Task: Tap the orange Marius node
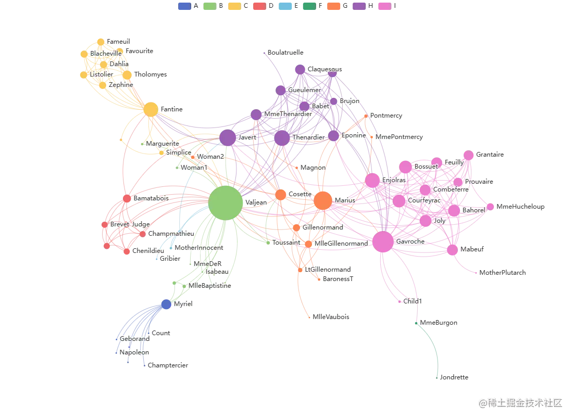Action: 322,200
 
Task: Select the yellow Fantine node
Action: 151,109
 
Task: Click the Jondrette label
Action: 454,377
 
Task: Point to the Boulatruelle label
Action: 285,53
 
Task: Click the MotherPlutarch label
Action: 503,273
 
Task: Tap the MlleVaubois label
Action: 331,316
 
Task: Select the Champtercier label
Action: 168,366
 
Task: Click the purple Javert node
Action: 228,137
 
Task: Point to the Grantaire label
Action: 490,155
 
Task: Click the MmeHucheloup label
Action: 520,207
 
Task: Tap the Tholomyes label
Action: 151,74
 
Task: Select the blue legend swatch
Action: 184,6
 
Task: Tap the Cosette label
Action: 300,194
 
